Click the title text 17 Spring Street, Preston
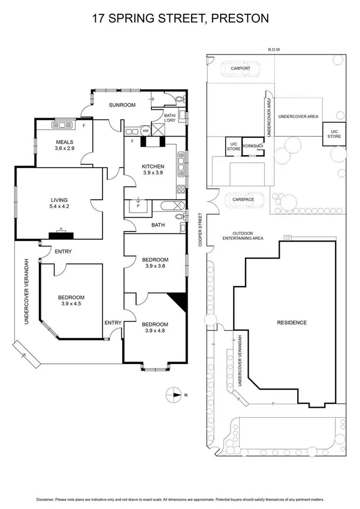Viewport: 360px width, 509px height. [180, 19]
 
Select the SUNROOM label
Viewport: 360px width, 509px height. [122, 105]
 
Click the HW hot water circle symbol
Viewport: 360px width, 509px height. [146, 129]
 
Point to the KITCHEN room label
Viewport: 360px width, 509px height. [153, 166]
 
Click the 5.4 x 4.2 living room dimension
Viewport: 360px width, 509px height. [59, 207]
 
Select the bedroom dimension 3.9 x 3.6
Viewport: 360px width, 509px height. [154, 267]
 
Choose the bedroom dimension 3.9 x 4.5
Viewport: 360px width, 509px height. [71, 305]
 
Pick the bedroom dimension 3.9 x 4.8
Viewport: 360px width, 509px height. [155, 331]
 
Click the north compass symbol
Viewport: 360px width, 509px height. [175, 394]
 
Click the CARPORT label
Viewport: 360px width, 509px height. [240, 68]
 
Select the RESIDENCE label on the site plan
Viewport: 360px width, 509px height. [292, 323]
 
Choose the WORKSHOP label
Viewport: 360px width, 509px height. [253, 146]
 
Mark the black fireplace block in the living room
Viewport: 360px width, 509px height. [60, 236]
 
